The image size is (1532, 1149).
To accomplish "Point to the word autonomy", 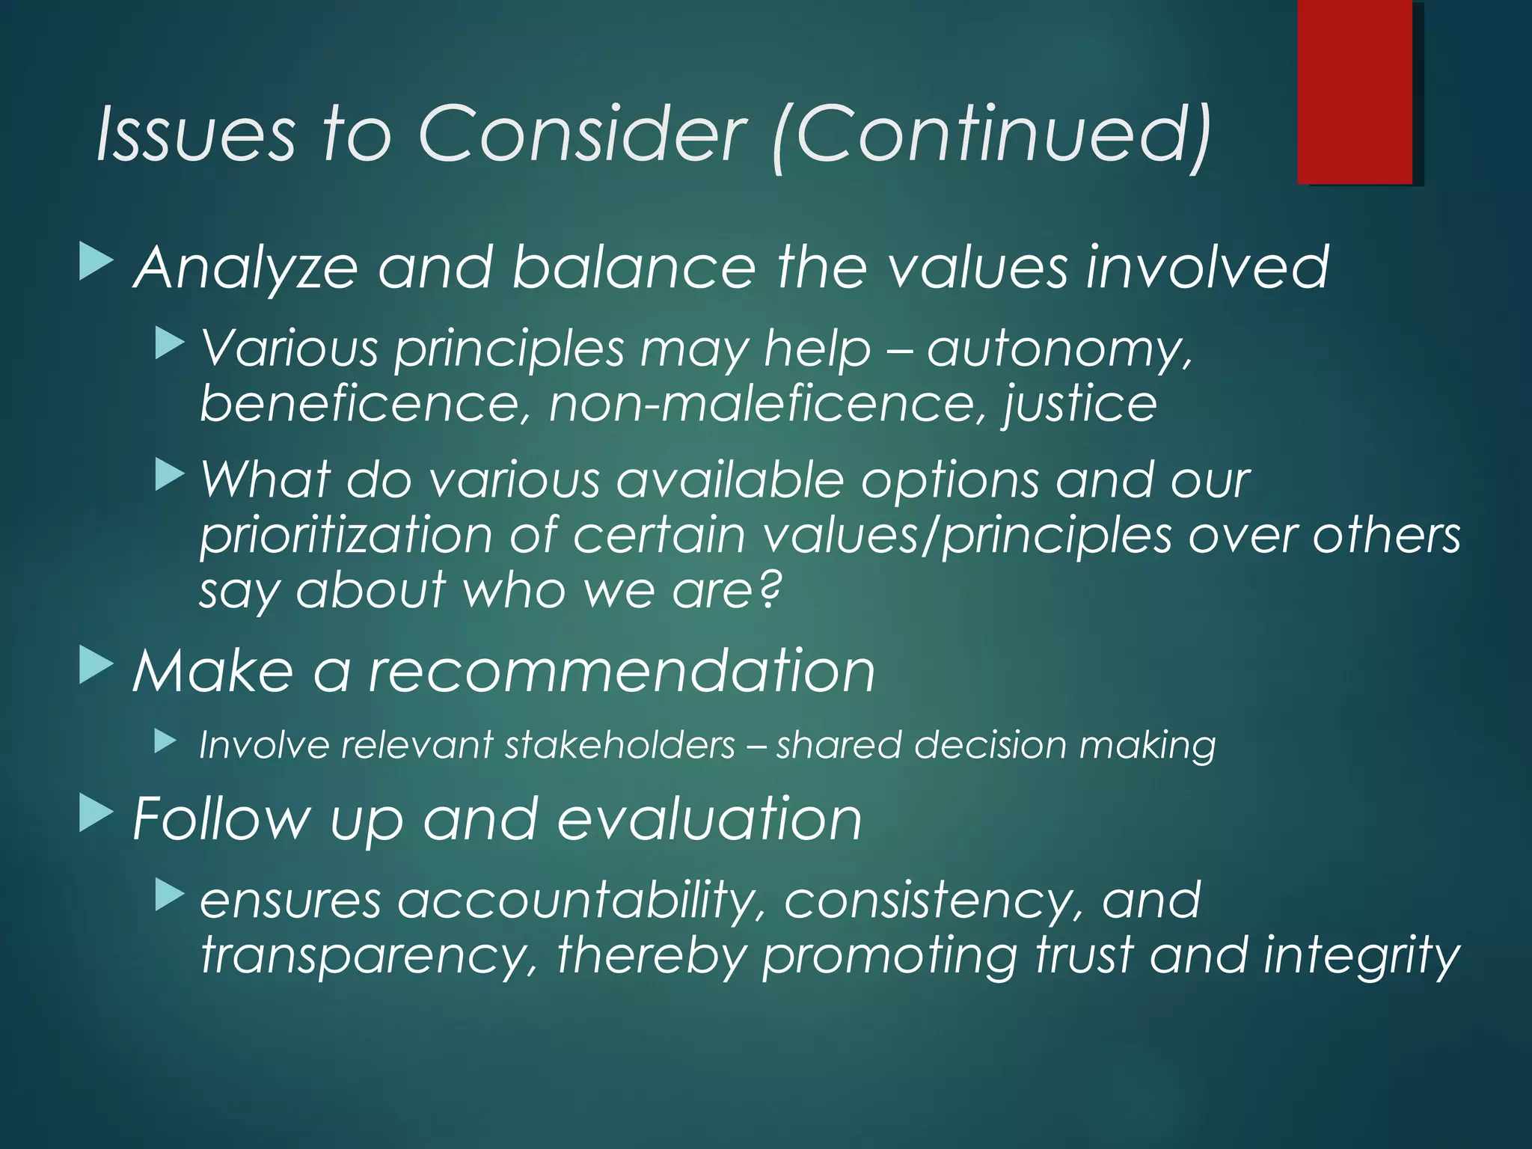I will coord(1058,349).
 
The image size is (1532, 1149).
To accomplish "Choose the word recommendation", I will coord(622,671).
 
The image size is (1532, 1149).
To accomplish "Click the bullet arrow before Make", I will coord(96,665).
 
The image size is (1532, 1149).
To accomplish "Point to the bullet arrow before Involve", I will coord(166,741).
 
